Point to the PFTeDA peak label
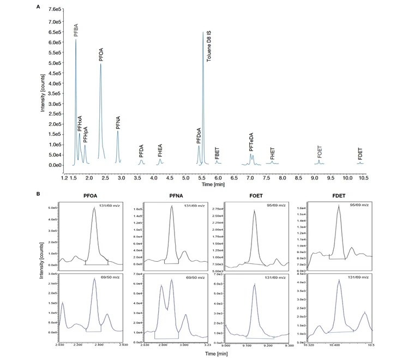[x=251, y=143]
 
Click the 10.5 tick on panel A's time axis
[x=363, y=178]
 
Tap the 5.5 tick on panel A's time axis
[x=202, y=178]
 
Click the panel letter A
[x=37, y=7]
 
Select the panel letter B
[x=37, y=194]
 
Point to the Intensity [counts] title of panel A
[x=42, y=87]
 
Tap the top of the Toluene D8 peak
[x=203, y=32]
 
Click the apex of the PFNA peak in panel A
[x=118, y=131]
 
